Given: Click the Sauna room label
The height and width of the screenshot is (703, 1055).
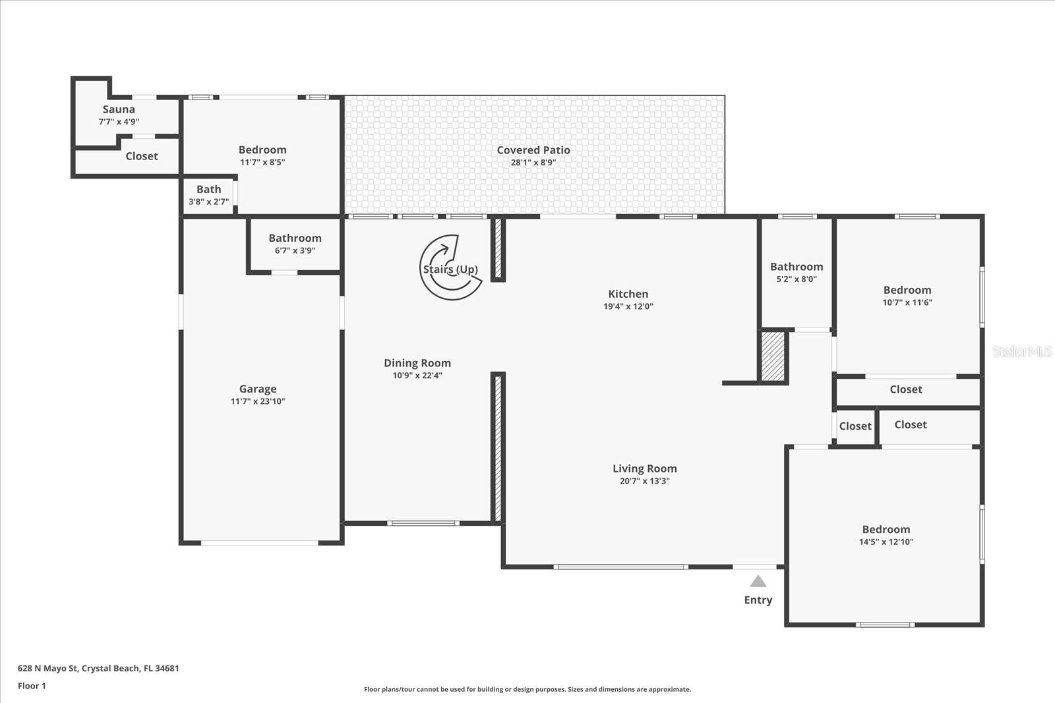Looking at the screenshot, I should (x=119, y=109).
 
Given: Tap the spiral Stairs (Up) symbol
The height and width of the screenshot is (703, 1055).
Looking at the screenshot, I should (x=451, y=267).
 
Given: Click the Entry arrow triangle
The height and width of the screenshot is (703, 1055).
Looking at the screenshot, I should (x=758, y=581).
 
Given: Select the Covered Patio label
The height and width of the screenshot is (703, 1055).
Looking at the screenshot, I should (x=533, y=150).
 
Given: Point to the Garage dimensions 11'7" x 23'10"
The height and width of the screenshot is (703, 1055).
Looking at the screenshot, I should (x=258, y=401).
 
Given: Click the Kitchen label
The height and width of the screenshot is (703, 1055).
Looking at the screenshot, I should (x=628, y=294).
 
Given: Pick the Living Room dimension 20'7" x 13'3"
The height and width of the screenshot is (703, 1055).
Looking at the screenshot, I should (x=644, y=481).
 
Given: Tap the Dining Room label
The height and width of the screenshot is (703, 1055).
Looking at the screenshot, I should (x=417, y=363).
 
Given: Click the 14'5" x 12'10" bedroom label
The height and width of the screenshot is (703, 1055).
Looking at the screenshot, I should (x=886, y=530).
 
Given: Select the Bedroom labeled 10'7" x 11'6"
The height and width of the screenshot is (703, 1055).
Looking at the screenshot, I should (x=907, y=291).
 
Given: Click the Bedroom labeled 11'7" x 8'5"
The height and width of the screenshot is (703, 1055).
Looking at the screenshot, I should (x=262, y=150).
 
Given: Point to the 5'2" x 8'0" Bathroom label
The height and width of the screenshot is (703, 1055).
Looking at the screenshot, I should (x=797, y=267).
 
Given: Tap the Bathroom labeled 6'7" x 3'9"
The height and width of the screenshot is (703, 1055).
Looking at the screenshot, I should (x=295, y=239).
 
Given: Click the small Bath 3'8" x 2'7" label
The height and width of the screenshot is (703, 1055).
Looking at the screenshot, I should (x=208, y=190).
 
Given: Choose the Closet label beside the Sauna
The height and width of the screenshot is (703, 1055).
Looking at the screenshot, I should (x=142, y=156).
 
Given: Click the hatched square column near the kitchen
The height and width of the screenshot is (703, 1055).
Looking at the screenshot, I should (x=773, y=356).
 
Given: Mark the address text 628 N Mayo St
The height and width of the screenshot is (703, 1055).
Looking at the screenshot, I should (x=98, y=668).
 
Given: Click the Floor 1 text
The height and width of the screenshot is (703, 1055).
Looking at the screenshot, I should (x=32, y=686).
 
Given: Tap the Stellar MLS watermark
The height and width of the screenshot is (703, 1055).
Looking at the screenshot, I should (x=1021, y=351).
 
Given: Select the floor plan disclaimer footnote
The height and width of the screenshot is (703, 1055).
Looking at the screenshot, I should (x=527, y=689).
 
